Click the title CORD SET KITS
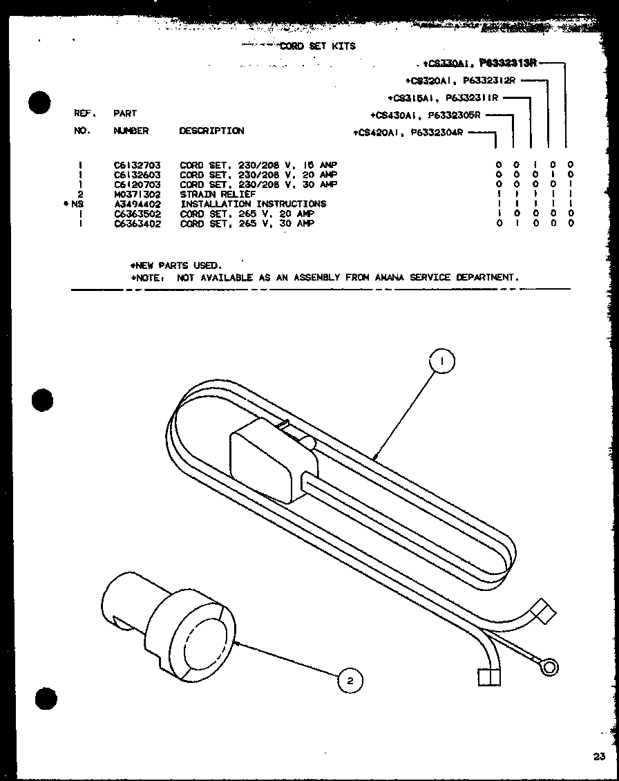(x=317, y=46)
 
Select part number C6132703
(x=137, y=165)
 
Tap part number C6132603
(x=137, y=175)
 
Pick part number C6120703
(x=137, y=185)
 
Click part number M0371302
(x=137, y=194)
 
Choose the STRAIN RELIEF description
(x=218, y=194)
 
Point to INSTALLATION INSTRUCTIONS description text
(x=253, y=204)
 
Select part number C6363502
(x=137, y=214)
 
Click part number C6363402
(x=137, y=224)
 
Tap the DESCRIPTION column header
(x=211, y=131)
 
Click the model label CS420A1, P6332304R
(x=408, y=132)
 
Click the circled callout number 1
(x=442, y=361)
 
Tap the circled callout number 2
(x=350, y=681)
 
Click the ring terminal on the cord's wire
(x=549, y=667)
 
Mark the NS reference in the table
(x=76, y=204)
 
